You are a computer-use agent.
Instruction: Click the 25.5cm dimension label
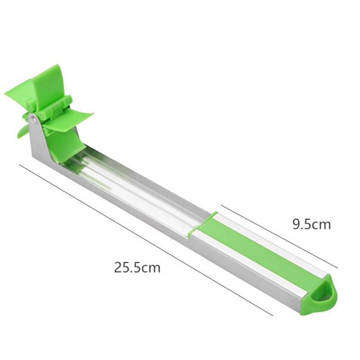click(137, 268)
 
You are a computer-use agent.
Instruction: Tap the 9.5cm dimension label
click(311, 224)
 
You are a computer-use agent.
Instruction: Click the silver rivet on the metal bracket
click(34, 119)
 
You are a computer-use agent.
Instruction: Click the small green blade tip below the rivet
click(22, 131)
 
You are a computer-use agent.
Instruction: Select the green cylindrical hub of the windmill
click(54, 108)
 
